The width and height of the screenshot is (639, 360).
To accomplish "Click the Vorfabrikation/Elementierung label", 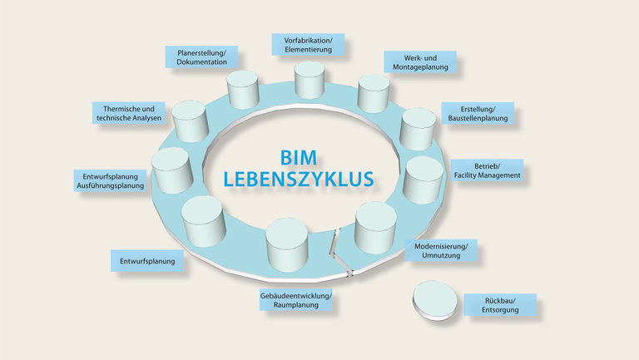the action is coord(308,45).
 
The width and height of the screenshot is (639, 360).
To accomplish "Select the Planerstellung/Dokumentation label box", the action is coord(201,57).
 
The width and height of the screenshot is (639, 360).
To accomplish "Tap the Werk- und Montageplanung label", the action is coord(420,62).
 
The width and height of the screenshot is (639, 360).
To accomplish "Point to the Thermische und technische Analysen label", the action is coord(129,113).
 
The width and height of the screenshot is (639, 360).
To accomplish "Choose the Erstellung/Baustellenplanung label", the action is coord(478,114).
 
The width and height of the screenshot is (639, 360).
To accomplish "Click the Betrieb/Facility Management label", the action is coord(487,170).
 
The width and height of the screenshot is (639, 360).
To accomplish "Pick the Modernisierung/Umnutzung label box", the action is coord(441,250).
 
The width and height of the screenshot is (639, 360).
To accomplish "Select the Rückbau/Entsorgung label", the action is coord(500,305).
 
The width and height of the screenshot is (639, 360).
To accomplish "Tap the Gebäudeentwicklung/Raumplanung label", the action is coord(296,300).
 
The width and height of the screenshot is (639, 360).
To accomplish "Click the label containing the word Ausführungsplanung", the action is coord(110,180).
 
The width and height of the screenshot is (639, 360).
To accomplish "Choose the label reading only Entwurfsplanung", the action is coord(147,261).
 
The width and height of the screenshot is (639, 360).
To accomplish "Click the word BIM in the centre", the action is coord(299,158).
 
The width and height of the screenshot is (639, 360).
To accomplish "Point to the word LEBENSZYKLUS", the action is coord(299,180).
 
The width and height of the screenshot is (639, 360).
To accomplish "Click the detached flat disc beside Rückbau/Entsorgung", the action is coord(435,300).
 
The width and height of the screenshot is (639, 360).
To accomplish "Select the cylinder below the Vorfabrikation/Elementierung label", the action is coord(310,80).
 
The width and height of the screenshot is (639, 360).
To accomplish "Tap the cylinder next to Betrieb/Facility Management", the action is coord(423,180).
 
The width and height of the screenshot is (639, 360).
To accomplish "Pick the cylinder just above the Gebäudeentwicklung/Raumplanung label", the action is coord(286,244).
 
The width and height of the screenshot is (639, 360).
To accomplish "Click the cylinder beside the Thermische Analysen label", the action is coord(190,121).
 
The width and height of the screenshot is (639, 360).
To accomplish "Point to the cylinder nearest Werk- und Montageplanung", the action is coord(374,93).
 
